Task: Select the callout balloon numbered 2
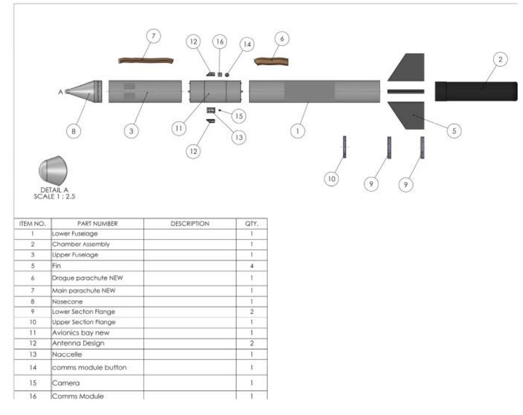click(x=500, y=60)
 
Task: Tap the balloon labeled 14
click(x=247, y=44)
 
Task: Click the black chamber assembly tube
click(x=475, y=92)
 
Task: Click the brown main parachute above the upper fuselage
click(x=147, y=60)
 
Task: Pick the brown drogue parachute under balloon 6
click(x=271, y=61)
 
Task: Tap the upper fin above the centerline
click(x=407, y=68)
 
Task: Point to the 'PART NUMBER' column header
click(x=98, y=224)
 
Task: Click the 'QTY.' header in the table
click(x=252, y=224)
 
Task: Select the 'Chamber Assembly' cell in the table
click(x=81, y=244)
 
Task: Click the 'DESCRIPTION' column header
click(x=190, y=224)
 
